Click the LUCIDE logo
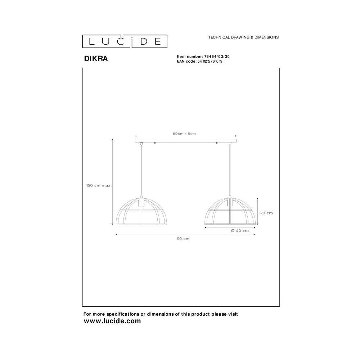tap(125, 41)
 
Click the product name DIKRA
tap(96, 59)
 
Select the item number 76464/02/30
tap(217, 57)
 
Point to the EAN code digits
tap(210, 61)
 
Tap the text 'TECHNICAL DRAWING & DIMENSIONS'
tap(243, 37)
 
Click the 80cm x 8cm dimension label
tap(184, 134)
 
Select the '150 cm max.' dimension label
tap(99, 185)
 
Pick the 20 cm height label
tap(266, 213)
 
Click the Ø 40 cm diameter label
tap(240, 231)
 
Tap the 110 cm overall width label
tap(183, 239)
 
